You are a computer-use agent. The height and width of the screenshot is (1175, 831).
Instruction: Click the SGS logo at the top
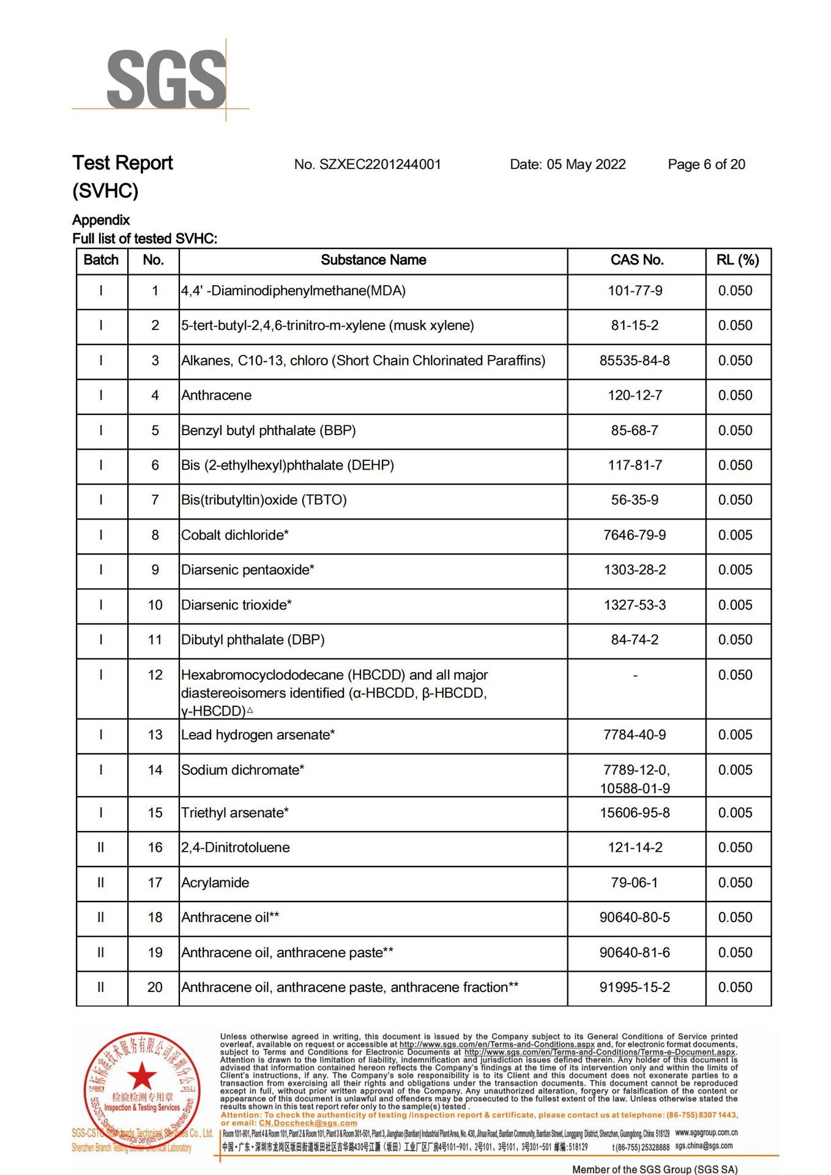pos(166,80)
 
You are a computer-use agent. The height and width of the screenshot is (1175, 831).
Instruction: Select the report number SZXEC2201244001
pos(379,165)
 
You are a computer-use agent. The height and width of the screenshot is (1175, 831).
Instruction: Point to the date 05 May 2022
pos(586,165)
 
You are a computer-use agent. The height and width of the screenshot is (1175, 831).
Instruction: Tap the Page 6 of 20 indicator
pos(706,165)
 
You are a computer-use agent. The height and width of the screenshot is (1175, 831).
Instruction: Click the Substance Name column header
pos(373,260)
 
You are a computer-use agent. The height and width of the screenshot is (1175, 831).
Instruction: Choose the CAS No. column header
pos(636,260)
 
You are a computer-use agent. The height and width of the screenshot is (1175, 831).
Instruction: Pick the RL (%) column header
pos(737,260)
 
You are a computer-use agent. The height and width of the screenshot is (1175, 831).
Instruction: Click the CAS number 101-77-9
pos(635,291)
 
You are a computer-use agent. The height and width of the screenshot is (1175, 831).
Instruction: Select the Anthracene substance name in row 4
pos(216,395)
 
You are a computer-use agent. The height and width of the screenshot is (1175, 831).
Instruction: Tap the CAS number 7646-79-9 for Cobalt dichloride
pos(635,535)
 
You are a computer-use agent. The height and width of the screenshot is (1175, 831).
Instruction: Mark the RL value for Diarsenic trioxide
pos(735,605)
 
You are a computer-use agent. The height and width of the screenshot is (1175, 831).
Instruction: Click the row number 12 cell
pos(155,675)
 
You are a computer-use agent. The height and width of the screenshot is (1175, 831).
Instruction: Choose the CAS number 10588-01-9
pos(635,788)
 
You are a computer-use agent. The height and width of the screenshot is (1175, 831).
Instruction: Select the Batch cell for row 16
pos(101,848)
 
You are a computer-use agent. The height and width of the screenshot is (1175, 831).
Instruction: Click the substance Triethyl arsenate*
pos(234,813)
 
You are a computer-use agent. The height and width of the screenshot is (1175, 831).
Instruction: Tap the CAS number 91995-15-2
pos(635,987)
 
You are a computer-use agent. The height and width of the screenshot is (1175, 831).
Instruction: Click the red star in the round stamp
pos(142,1076)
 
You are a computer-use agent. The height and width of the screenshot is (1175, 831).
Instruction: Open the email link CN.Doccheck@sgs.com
pos(308,1123)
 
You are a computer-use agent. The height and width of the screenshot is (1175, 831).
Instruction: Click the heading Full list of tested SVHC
pos(144,239)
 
